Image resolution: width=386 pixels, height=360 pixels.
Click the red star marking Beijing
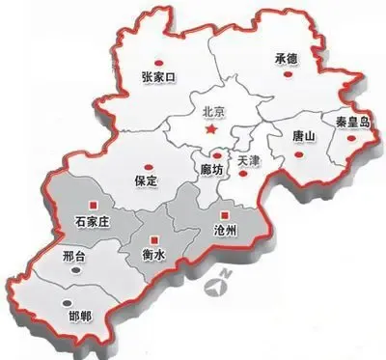pyautogui.click(x=218, y=126)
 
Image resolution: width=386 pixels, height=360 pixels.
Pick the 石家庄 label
pyautogui.click(x=94, y=223)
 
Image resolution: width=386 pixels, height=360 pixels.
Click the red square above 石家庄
pyautogui.click(x=94, y=205)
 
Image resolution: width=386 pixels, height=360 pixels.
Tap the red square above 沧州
pyautogui.click(x=224, y=214)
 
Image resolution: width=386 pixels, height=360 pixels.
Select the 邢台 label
pyautogui.click(x=73, y=257)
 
